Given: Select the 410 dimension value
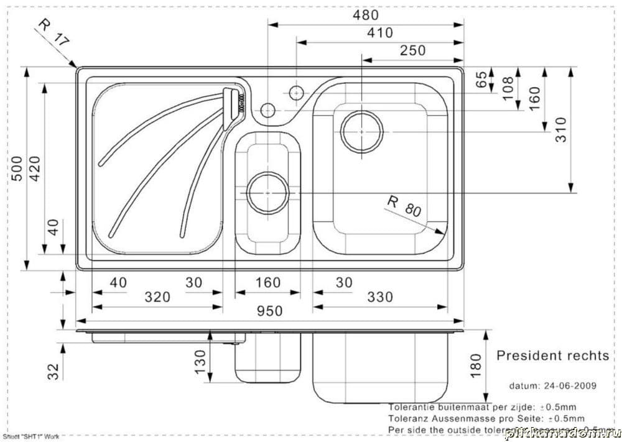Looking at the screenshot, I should (380, 32).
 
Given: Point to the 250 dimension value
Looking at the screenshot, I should (413, 50).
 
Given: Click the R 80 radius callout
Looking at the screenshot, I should (404, 206).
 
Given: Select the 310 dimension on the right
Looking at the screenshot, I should (561, 130).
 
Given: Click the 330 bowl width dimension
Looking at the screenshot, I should (379, 297).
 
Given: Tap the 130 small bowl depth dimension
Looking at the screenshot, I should (200, 361).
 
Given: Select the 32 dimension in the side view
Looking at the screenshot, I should (54, 371).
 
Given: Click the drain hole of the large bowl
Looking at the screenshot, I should (362, 131).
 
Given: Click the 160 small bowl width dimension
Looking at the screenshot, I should (268, 283).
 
